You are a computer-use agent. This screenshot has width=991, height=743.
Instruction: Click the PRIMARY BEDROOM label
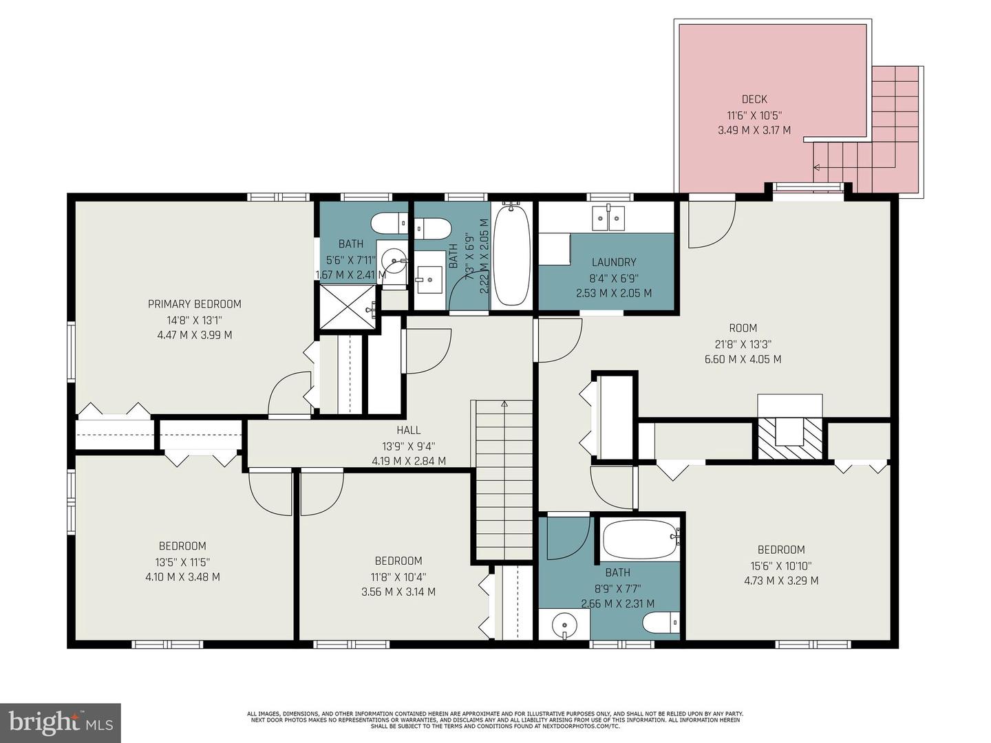(x=195, y=304)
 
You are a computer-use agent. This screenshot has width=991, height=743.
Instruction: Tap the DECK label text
(x=754, y=99)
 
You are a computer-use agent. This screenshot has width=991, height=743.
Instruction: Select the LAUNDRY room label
(x=614, y=262)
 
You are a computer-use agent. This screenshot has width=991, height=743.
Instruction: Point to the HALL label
(x=409, y=431)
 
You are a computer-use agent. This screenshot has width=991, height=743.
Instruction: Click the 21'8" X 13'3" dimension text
(x=743, y=344)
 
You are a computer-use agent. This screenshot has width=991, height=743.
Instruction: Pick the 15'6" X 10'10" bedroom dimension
(x=781, y=566)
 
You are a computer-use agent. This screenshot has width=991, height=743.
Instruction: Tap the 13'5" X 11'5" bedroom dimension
(x=182, y=562)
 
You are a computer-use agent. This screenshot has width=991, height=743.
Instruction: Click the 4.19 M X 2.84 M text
(x=409, y=461)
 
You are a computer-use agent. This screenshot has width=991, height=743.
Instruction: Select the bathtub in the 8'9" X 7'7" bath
(x=639, y=540)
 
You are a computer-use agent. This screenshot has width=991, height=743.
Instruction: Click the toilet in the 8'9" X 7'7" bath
(x=661, y=623)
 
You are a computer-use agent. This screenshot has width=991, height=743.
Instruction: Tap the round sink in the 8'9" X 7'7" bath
(x=564, y=625)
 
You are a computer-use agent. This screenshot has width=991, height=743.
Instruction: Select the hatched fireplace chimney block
(x=789, y=438)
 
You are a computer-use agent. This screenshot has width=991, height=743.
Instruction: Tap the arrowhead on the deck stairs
(x=816, y=168)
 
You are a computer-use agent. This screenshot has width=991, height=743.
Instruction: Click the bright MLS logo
(x=61, y=722)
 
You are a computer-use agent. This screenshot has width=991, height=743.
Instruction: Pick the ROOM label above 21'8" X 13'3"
(x=743, y=328)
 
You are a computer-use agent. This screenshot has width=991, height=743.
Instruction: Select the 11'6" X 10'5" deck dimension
(x=754, y=115)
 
